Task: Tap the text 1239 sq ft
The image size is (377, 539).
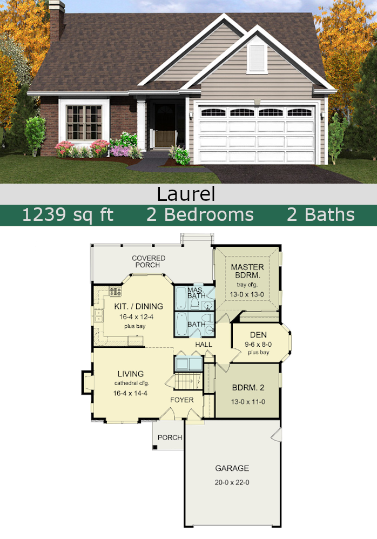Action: click(x=68, y=214)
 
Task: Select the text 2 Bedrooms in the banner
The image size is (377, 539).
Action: click(x=200, y=214)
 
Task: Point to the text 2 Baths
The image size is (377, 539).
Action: click(x=320, y=214)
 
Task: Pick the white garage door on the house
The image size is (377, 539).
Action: click(x=257, y=134)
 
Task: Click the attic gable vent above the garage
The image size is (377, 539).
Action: click(x=257, y=58)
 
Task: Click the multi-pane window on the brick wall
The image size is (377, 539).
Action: click(x=84, y=122)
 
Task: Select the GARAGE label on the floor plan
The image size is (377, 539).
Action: click(x=232, y=468)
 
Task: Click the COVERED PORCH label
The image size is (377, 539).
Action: click(x=149, y=261)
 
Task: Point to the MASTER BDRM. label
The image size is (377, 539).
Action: click(x=247, y=271)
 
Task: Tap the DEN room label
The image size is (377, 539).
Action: click(x=258, y=335)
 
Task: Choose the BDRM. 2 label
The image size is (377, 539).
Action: click(x=247, y=388)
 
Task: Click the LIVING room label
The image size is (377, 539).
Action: click(x=131, y=374)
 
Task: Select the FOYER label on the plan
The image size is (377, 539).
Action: click(x=181, y=400)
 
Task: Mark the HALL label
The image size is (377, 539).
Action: click(x=204, y=344)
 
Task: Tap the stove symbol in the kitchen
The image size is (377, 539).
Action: click(x=115, y=292)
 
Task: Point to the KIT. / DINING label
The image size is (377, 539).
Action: click(x=138, y=306)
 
